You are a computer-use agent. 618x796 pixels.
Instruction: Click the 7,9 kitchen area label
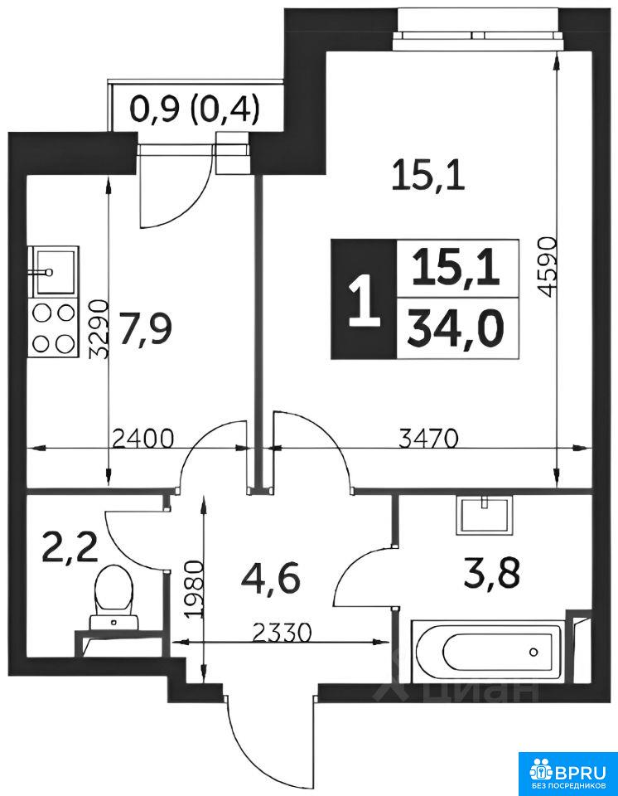pos(146,329)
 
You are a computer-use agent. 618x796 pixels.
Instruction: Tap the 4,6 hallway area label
pos(273,579)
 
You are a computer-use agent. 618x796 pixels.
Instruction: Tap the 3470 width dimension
pos(429,439)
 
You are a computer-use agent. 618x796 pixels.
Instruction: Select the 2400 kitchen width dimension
pos(142,439)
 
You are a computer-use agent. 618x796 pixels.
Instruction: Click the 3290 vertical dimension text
pos(99,329)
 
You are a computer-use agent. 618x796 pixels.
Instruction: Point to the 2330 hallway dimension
pos(281,633)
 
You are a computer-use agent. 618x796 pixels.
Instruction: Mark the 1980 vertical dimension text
pos(195,589)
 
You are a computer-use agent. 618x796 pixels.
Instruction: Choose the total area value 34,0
pos(457,329)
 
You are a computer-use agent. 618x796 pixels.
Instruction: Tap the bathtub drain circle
pos(534,652)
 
